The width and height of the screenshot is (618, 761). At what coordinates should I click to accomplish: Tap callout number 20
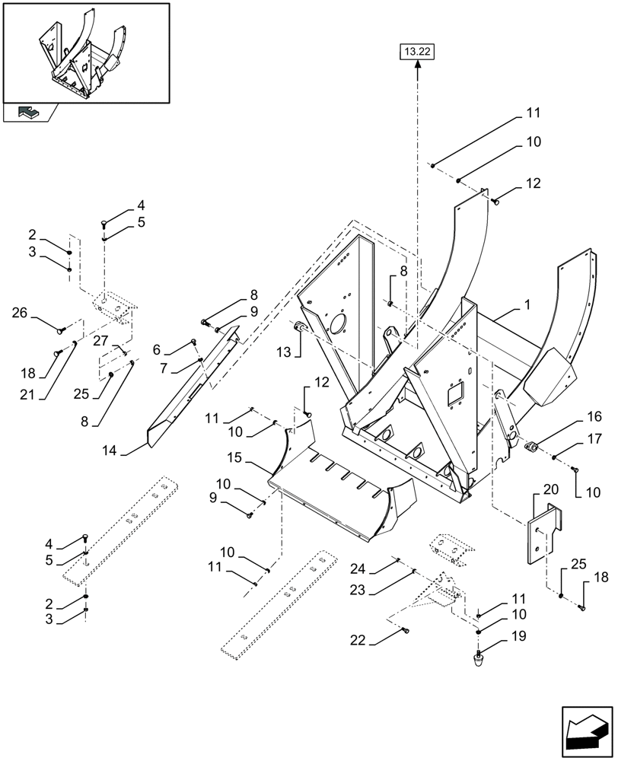(550, 489)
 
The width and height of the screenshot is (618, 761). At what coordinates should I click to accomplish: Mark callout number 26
(21, 312)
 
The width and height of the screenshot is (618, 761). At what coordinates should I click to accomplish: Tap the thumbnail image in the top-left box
(85, 53)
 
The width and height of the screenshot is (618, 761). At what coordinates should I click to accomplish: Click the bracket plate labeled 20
(543, 533)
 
